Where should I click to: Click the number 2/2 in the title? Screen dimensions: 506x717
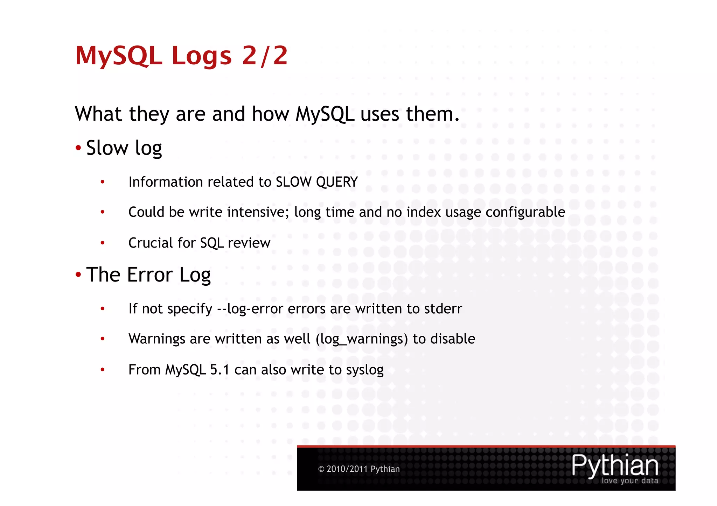265,56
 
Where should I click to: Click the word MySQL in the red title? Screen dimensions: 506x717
119,56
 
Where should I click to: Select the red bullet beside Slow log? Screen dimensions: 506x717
78,148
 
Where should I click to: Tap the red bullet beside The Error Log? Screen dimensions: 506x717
78,275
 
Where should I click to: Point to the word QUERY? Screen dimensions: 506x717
336,182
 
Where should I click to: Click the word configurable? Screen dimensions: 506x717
525,212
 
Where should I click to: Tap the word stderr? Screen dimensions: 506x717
443,309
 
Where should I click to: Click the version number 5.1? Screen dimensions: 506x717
220,370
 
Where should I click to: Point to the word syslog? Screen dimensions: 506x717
364,370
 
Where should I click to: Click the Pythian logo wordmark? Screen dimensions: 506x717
615,465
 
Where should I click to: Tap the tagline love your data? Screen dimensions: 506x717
629,481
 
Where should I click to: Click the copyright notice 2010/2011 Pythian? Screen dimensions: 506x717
359,469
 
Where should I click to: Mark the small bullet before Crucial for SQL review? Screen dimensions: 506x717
103,243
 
